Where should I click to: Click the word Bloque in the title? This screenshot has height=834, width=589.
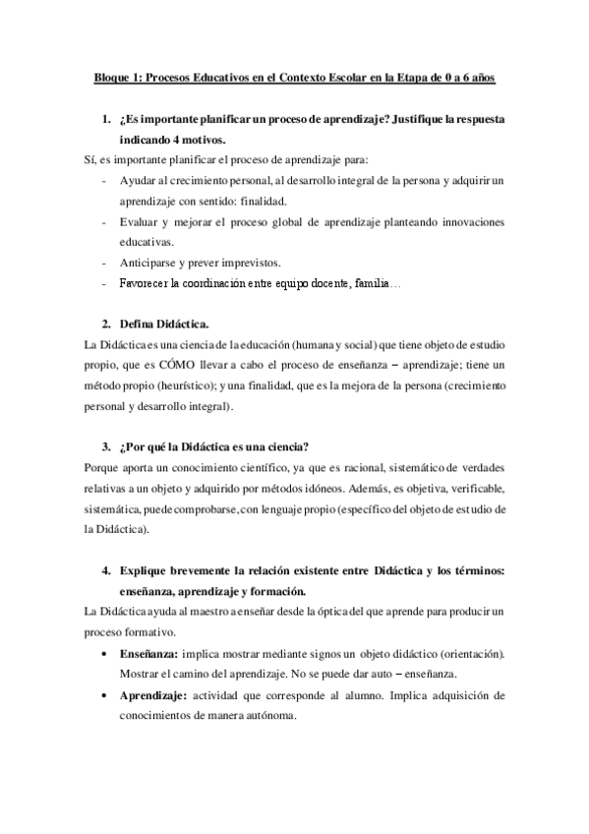[x=111, y=77]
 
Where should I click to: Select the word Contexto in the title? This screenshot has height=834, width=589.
[x=311, y=77]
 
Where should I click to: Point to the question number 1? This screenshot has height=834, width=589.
[x=106, y=119]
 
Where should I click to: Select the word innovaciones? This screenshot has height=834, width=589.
[x=466, y=221]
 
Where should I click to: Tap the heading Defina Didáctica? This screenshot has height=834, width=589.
[x=163, y=324]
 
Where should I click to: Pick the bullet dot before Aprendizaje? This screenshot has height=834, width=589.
[x=106, y=695]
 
